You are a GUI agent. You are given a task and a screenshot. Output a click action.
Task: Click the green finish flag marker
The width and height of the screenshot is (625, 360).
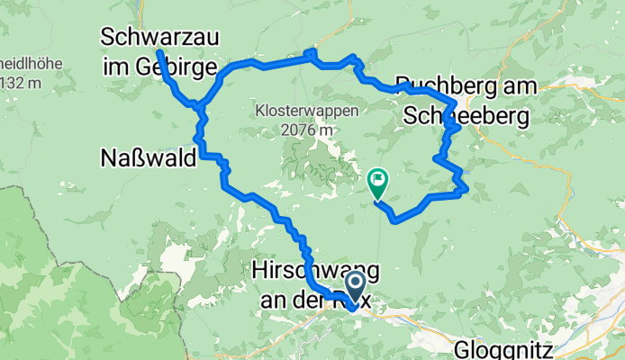coord(377,183)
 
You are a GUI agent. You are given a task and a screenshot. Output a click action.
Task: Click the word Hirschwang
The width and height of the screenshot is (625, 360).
coord(315,270)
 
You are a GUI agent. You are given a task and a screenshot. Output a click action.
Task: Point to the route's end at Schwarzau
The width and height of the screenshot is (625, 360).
coord(159,54)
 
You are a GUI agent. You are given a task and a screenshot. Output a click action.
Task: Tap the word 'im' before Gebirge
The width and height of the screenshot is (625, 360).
coord(116,67)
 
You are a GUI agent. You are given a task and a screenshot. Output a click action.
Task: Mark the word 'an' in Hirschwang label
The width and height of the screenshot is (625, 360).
coord(272,300)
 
